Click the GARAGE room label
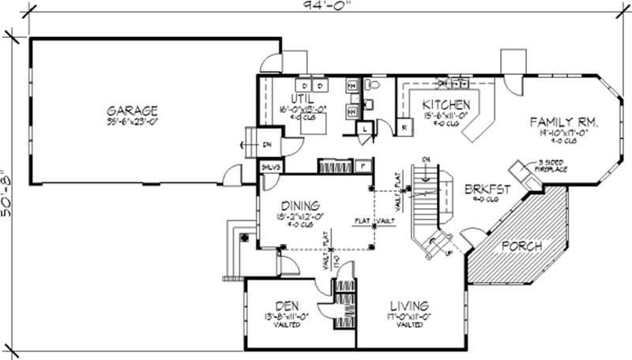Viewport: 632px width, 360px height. [x=134, y=111]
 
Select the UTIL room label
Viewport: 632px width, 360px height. [x=303, y=99]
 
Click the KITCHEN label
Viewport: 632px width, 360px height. [x=446, y=105]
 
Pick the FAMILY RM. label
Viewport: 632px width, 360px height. [x=564, y=122]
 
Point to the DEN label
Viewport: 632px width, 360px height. [x=286, y=306]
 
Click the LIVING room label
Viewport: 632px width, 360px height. [x=408, y=306]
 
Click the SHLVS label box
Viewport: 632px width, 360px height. [x=270, y=167]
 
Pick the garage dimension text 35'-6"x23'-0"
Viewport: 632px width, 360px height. [x=133, y=122]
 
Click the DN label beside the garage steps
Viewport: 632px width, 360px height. [x=267, y=144]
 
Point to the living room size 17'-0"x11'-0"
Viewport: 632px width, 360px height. [x=408, y=317]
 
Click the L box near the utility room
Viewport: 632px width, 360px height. [x=365, y=129]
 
